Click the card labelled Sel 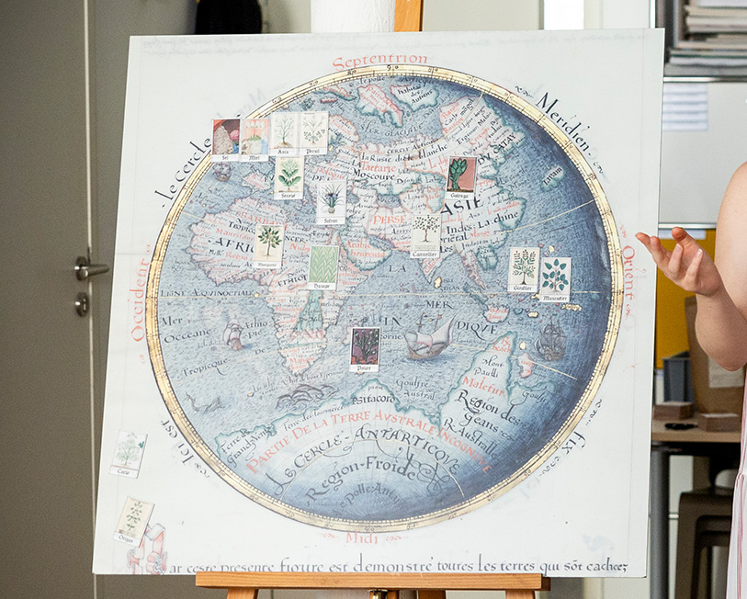pyautogui.click(x=226, y=140)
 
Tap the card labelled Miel pyautogui.click(x=255, y=139)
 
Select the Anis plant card pyautogui.click(x=284, y=132)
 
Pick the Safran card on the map pyautogui.click(x=331, y=201)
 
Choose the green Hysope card pyautogui.click(x=323, y=267)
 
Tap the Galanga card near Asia pyautogui.click(x=460, y=178)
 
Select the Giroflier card pyautogui.click(x=524, y=269)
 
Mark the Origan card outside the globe pyautogui.click(x=134, y=521)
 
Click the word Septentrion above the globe pyautogui.click(x=379, y=62)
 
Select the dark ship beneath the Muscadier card pyautogui.click(x=550, y=341)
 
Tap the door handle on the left pyautogui.click(x=89, y=268)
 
